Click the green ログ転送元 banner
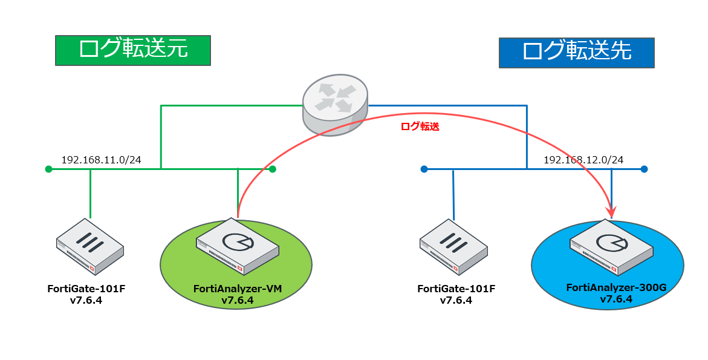pyautogui.click(x=132, y=50)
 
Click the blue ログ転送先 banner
pyautogui.click(x=576, y=53)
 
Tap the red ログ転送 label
pyautogui.click(x=420, y=127)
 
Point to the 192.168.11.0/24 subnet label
pyautogui.click(x=101, y=160)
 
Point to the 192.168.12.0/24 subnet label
pyautogui.click(x=583, y=160)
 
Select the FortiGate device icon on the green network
pyautogui.click(x=90, y=247)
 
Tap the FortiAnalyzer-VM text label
pyautogui.click(x=237, y=289)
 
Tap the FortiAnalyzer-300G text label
pyautogui.click(x=615, y=288)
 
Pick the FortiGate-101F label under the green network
pyautogui.click(x=86, y=289)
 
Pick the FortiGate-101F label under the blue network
pyautogui.click(x=456, y=289)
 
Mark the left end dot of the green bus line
pyautogui.click(x=48, y=169)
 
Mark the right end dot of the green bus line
pyautogui.click(x=273, y=169)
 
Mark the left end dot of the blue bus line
pyautogui.click(x=424, y=169)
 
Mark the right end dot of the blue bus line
pyautogui.click(x=645, y=169)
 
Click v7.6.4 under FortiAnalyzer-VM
pyautogui.click(x=237, y=300)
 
